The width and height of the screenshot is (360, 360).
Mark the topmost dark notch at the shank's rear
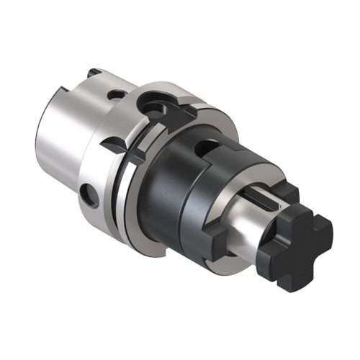click(x=92, y=73)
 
